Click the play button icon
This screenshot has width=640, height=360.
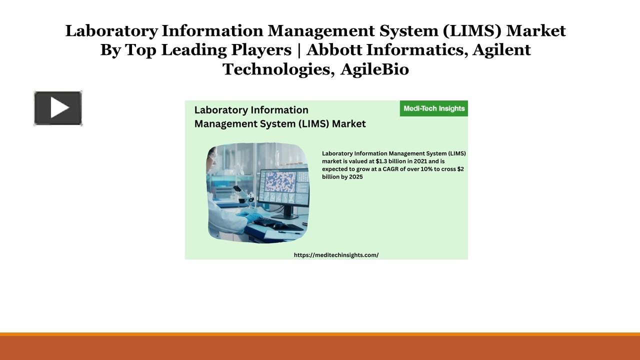click(x=58, y=108)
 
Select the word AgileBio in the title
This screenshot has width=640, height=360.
click(x=374, y=69)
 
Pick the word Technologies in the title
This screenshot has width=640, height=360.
click(x=278, y=69)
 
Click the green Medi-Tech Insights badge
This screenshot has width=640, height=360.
click(x=433, y=108)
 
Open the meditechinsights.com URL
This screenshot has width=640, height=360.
click(x=336, y=255)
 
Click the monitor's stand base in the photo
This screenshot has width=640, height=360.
click(x=289, y=216)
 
